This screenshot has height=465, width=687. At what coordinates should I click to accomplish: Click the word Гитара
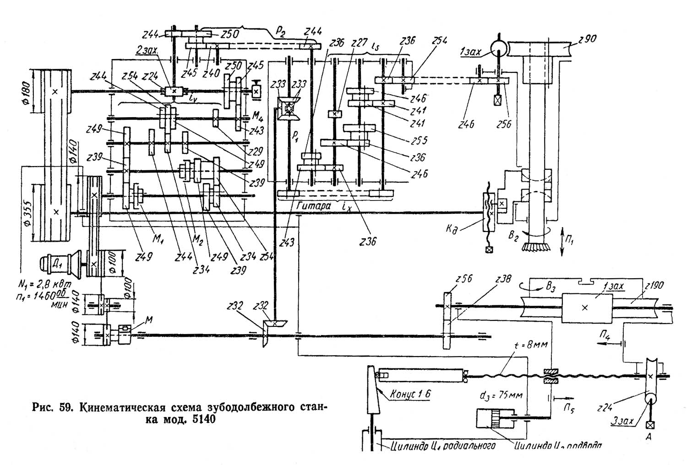click(312, 206)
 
